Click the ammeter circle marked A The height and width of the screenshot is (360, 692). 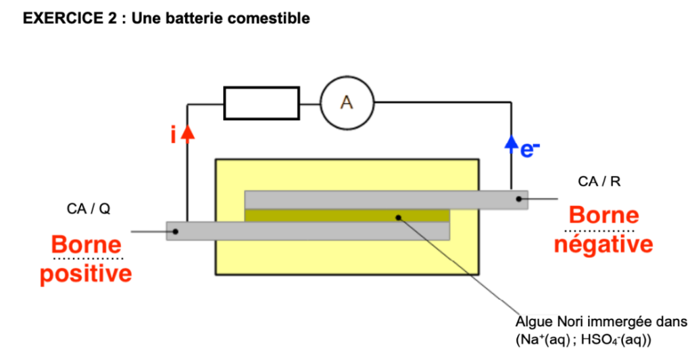(x=346, y=103)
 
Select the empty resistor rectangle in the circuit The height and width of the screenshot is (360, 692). (x=261, y=103)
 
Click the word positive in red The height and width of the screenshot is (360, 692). (x=86, y=274)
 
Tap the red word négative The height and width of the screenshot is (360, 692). (x=603, y=244)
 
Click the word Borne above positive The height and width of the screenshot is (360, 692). (x=86, y=245)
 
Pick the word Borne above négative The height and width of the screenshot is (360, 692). (x=603, y=215)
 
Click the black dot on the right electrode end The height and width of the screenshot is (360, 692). (x=519, y=199)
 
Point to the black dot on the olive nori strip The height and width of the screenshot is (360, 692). (x=399, y=217)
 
